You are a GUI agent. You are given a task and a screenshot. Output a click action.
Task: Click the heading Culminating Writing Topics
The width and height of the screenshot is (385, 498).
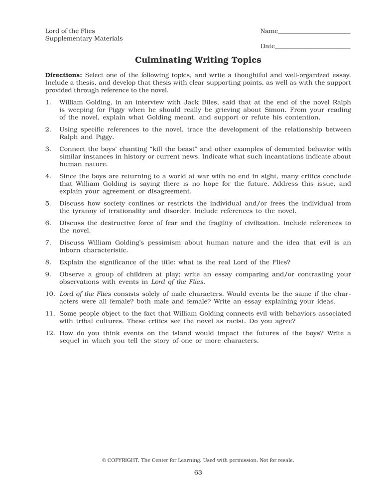click(x=198, y=60)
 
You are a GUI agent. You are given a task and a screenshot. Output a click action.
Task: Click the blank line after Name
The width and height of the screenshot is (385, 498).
click(x=314, y=33)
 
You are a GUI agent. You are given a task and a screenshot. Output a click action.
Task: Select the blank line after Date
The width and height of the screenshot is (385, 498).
click(x=312, y=48)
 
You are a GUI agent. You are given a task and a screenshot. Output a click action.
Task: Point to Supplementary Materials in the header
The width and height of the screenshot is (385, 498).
click(x=84, y=38)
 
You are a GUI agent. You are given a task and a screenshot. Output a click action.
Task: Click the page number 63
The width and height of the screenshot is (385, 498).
click(x=198, y=473)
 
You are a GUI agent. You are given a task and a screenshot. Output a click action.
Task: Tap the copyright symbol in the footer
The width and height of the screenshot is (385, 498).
click(x=104, y=460)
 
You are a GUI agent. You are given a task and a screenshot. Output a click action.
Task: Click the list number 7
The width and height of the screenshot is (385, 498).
click(x=48, y=243)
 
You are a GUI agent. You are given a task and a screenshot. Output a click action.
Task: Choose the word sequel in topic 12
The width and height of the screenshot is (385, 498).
click(x=70, y=341)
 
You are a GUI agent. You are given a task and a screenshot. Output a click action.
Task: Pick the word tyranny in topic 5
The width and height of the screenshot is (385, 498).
click(x=83, y=211)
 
